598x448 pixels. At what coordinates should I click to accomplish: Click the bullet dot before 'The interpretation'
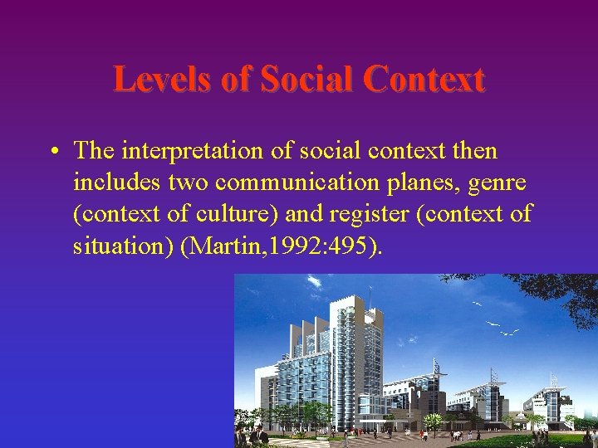point(52,151)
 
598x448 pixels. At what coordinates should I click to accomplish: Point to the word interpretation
point(195,151)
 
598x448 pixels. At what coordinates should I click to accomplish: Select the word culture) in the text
point(235,213)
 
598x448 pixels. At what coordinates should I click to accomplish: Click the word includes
point(110,182)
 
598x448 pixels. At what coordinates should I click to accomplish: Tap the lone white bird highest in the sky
point(477,305)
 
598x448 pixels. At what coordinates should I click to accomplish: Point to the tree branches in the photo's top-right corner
point(573,299)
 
